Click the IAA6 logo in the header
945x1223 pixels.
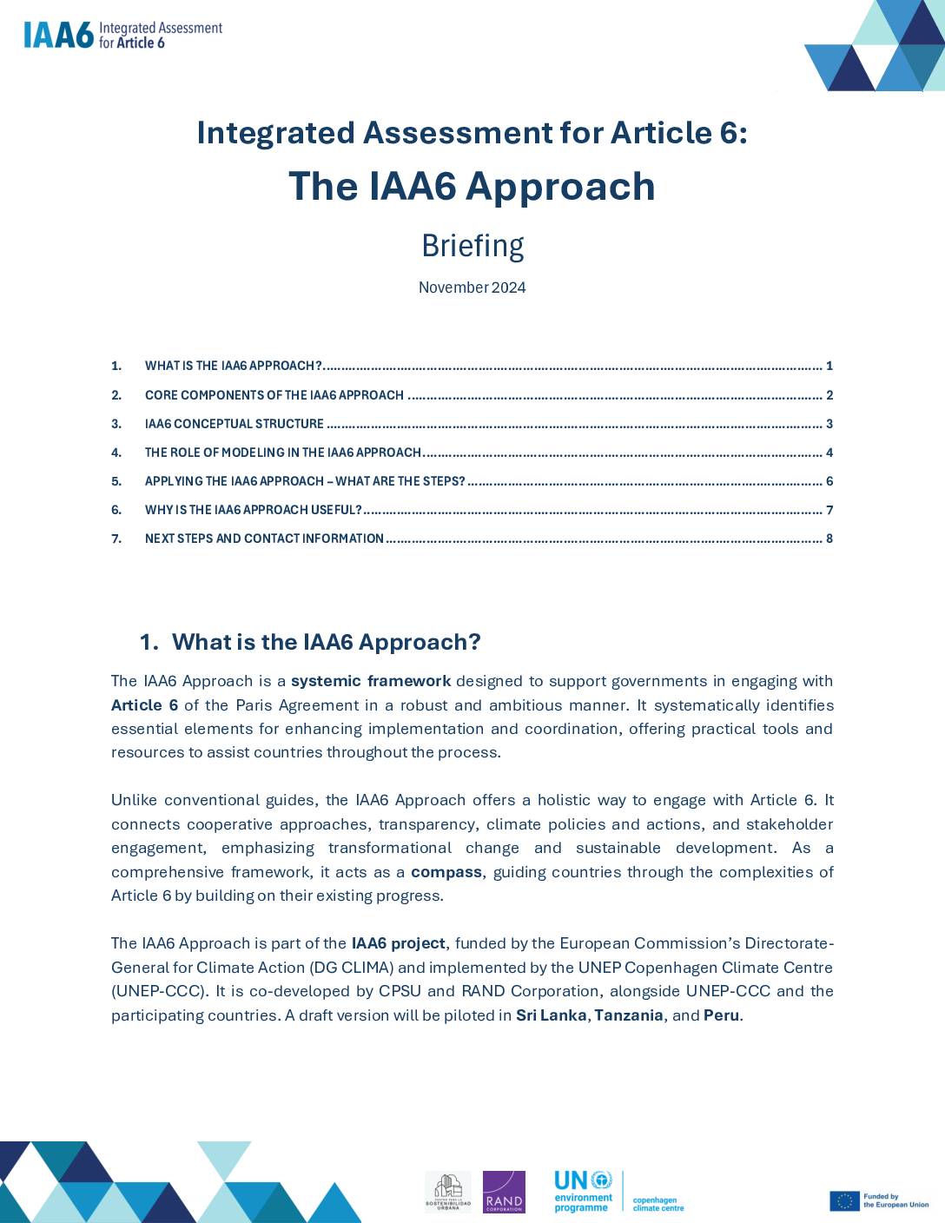(x=122, y=35)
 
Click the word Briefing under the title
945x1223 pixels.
(x=472, y=246)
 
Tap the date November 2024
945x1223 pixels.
(x=472, y=288)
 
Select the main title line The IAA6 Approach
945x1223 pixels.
(x=472, y=187)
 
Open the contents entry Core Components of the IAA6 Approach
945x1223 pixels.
(x=274, y=395)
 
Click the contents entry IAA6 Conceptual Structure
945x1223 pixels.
(x=234, y=424)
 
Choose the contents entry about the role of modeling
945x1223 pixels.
(x=282, y=453)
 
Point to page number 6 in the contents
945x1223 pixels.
(x=829, y=481)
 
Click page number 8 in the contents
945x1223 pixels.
(x=829, y=539)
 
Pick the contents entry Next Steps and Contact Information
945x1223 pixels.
(x=264, y=539)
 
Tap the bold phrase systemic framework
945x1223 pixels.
(x=371, y=681)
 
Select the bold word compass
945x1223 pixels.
(x=446, y=871)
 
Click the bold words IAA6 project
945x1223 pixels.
(x=398, y=943)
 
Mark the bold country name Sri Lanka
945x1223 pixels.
(x=551, y=1015)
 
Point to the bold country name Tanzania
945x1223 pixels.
(x=628, y=1015)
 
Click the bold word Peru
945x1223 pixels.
(x=721, y=1015)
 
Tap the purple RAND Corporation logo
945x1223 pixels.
(x=504, y=1192)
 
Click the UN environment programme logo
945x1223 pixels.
(x=584, y=1192)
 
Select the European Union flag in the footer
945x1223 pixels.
(x=844, y=1200)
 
